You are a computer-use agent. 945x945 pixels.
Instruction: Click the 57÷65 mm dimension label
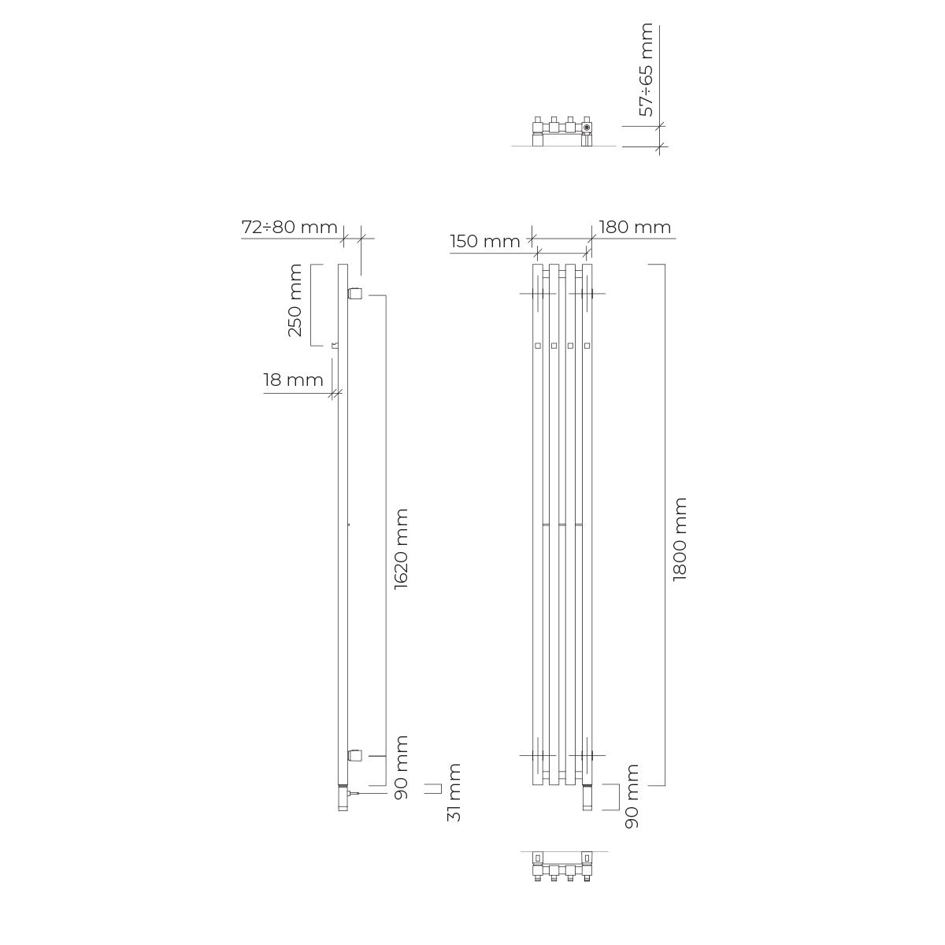[647, 69]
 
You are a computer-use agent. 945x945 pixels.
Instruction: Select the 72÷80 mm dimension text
[289, 227]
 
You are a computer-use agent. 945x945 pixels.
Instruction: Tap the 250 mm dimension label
[295, 300]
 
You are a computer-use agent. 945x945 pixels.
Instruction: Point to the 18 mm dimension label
[293, 380]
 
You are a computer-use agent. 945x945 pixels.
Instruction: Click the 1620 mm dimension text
[401, 549]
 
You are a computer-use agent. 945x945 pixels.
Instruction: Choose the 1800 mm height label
[680, 539]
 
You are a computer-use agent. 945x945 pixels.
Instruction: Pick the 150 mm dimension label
[485, 241]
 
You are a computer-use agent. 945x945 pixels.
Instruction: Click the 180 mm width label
[635, 227]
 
